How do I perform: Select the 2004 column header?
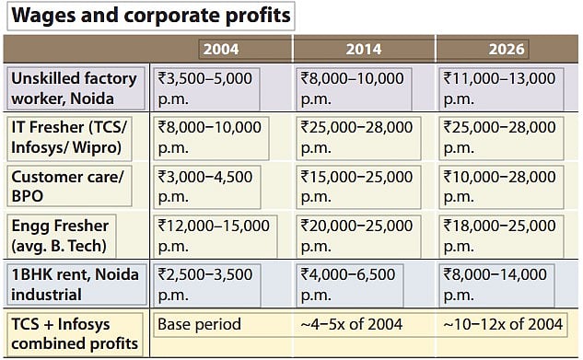220,49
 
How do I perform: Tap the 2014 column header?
363,49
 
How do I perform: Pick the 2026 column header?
506,49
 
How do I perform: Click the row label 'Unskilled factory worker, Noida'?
75,88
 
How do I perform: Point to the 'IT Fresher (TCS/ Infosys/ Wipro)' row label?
75,137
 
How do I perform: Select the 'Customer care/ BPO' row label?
75,186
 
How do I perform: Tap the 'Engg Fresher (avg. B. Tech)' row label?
75,235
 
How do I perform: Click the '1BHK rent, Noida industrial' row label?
75,284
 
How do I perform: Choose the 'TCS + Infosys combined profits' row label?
75,333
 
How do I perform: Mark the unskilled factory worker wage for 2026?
505,88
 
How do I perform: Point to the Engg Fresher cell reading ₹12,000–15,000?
215,235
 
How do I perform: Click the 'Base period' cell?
199,324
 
